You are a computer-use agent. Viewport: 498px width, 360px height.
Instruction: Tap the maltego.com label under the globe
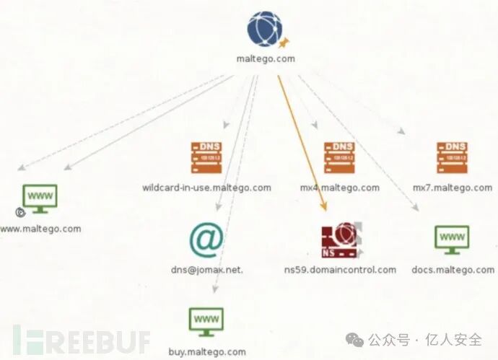[x=266, y=59]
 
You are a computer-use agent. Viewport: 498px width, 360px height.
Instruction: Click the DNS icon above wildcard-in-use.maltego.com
[x=206, y=157]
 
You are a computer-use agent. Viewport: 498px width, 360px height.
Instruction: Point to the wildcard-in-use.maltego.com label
[x=206, y=188]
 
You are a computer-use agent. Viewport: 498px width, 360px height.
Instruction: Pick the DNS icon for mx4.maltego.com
[x=339, y=157]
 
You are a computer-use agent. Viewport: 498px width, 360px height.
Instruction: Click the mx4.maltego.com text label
[x=339, y=188]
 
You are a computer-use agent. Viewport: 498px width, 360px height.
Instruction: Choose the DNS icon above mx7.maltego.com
[x=452, y=157]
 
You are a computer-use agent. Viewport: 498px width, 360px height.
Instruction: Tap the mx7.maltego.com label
[x=453, y=188]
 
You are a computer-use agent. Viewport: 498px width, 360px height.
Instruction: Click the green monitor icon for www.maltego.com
[x=40, y=198]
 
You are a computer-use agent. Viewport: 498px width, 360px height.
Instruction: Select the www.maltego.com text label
[x=40, y=229]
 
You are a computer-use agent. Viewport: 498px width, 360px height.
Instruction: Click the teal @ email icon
[x=206, y=240]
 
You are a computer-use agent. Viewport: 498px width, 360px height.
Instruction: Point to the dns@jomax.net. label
[x=206, y=270]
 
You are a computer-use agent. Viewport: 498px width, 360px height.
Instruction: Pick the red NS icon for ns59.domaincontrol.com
[x=340, y=240]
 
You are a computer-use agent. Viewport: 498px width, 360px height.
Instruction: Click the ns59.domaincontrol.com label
[x=341, y=270]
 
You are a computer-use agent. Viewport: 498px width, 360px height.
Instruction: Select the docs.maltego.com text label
[x=453, y=270]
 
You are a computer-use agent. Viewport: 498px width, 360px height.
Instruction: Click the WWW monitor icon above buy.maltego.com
[x=206, y=321]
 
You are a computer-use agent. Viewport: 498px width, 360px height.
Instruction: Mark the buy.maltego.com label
[x=207, y=352]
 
